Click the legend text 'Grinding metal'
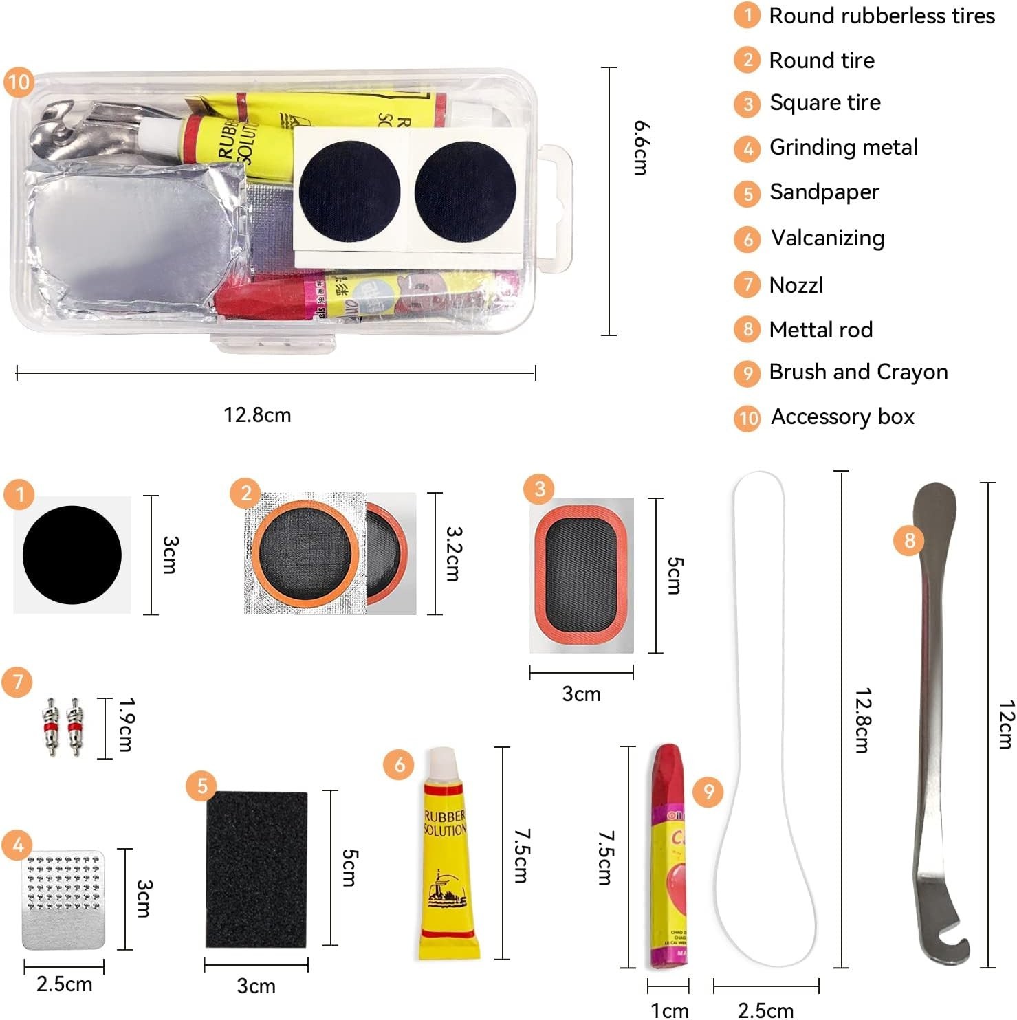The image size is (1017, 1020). point(843,147)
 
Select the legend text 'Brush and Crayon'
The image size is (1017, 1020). point(858,372)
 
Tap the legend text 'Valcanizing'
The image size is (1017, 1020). point(827,238)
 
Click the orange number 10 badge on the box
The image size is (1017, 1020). point(19,82)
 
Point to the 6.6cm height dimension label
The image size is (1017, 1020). point(641,148)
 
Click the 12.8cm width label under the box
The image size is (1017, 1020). point(257,415)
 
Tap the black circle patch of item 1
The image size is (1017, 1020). point(72,555)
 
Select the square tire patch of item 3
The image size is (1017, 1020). point(581,575)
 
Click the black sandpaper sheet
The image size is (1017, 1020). point(256,869)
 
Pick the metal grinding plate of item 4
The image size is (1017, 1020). point(63,899)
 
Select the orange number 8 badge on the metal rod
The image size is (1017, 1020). point(909,540)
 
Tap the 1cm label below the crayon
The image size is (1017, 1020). point(669,1010)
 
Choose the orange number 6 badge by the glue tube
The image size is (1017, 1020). point(399,764)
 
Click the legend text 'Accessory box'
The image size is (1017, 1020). point(842,417)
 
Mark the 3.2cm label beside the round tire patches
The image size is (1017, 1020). point(453,553)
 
